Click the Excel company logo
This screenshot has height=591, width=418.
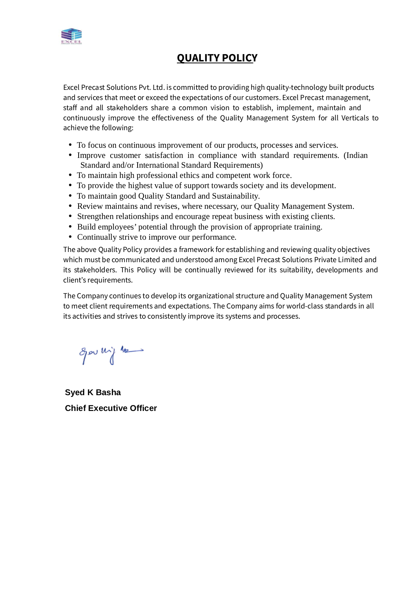71,36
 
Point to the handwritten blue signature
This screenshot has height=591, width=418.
111,353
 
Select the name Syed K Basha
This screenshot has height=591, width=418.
93,392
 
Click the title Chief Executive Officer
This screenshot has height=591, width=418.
111,408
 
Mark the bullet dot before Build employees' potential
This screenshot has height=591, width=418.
71,227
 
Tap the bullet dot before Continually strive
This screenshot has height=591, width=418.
71,237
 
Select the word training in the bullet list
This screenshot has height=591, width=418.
308,227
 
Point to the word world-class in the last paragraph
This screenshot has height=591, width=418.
305,306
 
